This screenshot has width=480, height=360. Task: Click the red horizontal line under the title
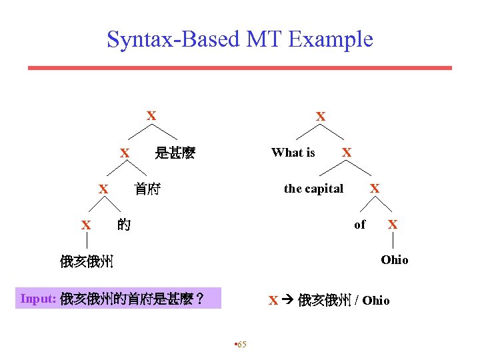tap(239, 67)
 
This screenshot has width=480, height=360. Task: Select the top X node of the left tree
tap(151, 116)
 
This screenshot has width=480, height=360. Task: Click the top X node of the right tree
tap(321, 117)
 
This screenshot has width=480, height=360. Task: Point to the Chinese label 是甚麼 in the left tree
tap(175, 153)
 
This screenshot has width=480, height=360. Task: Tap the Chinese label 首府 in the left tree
tap(147, 189)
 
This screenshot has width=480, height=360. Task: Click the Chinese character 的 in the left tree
tap(123, 225)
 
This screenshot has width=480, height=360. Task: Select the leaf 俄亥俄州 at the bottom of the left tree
tap(87, 261)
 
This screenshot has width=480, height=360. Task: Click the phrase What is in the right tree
tap(293, 153)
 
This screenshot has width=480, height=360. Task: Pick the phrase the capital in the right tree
tap(313, 189)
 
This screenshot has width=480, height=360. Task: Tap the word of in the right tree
tap(360, 225)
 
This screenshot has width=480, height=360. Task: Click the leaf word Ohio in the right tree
tap(395, 259)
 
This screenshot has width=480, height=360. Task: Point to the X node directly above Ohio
tap(393, 225)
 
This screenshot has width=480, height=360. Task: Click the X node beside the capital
tap(375, 189)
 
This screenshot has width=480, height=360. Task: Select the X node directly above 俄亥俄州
tap(86, 225)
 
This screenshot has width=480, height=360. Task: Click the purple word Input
tap(38, 299)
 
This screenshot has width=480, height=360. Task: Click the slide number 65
tap(241, 344)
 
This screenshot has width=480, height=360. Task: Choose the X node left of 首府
tap(103, 189)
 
